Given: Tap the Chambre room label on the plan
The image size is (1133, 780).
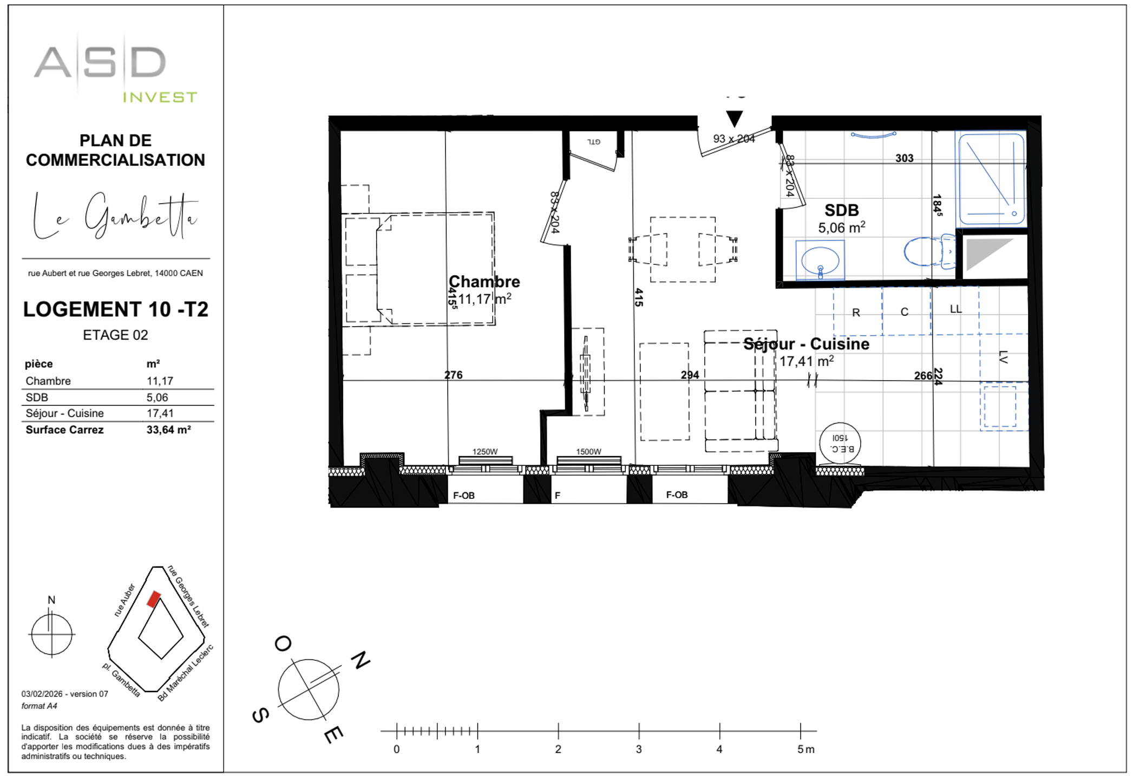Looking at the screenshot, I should click(484, 282).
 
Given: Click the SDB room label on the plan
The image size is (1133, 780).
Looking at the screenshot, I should click(841, 210).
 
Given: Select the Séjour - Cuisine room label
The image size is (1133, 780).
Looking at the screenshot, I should click(806, 344).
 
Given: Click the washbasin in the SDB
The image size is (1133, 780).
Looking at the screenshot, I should click(820, 261).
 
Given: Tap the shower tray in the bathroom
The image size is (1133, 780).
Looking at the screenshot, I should click(991, 179).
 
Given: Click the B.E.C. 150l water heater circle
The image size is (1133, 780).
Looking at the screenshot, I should click(840, 444).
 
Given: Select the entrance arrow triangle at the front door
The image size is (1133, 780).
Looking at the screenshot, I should click(734, 118).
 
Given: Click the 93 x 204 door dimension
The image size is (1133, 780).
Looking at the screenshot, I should click(733, 139).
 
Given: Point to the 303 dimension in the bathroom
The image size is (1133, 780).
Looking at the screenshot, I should click(904, 158).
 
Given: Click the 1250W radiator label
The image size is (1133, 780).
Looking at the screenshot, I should click(484, 452).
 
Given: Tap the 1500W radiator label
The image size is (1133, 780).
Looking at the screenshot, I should click(588, 452).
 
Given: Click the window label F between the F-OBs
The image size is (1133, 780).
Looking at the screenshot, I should click(558, 495).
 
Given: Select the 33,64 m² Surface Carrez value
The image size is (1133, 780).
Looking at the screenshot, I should click(168, 430).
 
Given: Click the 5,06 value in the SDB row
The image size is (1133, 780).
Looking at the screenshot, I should click(157, 397).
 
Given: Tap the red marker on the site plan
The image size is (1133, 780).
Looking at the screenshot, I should click(154, 599).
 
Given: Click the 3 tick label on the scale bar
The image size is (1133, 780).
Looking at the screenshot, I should click(639, 749).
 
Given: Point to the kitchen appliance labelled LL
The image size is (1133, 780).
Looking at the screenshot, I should click(955, 309).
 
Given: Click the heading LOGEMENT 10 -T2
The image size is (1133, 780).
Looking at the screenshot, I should click(115, 309).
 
